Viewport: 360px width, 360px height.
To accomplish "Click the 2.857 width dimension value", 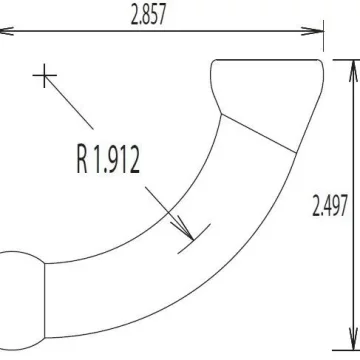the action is click(148, 15).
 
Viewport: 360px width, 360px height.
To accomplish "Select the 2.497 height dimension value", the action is click(330, 205).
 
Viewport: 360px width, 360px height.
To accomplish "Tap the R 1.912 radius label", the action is click(108, 159).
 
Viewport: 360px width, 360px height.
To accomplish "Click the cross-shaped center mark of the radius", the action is click(44, 76).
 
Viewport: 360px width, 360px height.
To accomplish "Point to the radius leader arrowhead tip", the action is click(193, 240).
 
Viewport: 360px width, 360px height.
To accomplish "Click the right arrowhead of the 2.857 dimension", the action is click(312, 31).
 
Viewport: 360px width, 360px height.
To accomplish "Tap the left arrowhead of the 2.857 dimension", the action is click(6, 31).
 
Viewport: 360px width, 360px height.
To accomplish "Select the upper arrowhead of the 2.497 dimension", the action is click(354, 71).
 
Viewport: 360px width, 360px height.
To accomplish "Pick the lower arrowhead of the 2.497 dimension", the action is click(354, 339).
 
